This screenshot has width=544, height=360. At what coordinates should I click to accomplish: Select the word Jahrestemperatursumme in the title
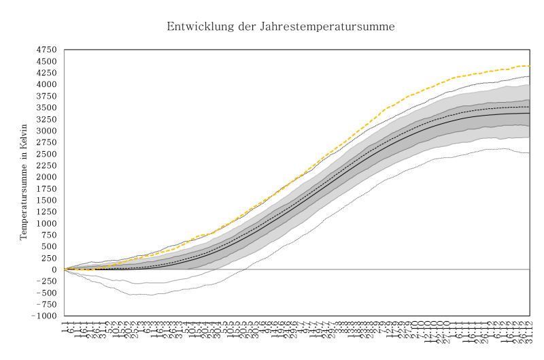point(326,27)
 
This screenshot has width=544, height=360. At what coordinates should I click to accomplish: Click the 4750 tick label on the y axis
point(47,50)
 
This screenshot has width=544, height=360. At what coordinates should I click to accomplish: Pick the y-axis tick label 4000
point(47,84)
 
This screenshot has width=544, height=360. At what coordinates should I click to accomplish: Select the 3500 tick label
point(47,108)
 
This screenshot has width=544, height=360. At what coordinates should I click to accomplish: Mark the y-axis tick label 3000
point(47,131)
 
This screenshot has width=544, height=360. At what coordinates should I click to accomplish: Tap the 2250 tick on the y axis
point(47,165)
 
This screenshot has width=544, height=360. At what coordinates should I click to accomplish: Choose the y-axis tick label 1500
point(47,200)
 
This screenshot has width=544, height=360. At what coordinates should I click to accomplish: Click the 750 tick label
point(50,235)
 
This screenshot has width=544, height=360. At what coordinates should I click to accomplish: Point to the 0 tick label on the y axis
point(55,269)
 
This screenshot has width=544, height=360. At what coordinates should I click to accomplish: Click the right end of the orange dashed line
point(530,66)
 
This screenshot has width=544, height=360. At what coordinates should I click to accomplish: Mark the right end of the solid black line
point(530,113)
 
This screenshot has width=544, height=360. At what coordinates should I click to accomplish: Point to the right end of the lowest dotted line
point(530,152)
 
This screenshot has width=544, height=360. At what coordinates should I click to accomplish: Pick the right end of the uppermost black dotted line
point(530,76)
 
